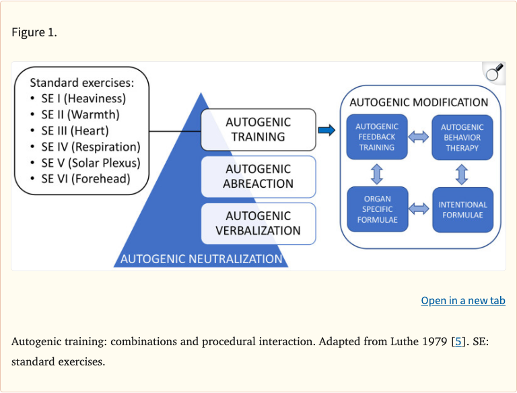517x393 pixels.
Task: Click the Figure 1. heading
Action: coord(34,32)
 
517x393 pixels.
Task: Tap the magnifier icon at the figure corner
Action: coord(494,73)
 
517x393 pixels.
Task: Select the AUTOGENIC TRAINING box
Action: coord(258,130)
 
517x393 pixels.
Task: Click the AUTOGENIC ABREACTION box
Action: coord(258,176)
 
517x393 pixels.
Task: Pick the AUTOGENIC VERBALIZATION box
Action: coord(258,223)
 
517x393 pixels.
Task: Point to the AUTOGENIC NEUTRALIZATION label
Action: coord(201,259)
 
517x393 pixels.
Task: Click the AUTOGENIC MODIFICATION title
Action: coord(419,102)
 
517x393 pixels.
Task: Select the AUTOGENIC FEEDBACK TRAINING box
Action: coord(377,137)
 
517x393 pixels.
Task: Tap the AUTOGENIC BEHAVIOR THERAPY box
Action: coord(462,137)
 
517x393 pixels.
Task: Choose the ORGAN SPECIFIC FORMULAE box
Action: coord(377,209)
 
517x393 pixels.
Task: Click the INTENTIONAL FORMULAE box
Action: coord(462,209)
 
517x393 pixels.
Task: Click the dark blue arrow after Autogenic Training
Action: coord(326,130)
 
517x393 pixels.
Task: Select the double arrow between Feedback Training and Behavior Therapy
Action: coord(419,137)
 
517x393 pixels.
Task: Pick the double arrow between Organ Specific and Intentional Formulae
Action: coord(419,209)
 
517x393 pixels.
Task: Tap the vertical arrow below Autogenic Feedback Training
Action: coord(377,174)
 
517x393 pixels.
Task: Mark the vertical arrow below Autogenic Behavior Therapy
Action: coord(462,174)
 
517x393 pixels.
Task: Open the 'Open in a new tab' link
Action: coord(462,300)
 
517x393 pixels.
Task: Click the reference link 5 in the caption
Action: coord(458,341)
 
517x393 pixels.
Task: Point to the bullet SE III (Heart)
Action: coord(74,131)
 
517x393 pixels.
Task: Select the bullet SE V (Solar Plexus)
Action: coord(90,163)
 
